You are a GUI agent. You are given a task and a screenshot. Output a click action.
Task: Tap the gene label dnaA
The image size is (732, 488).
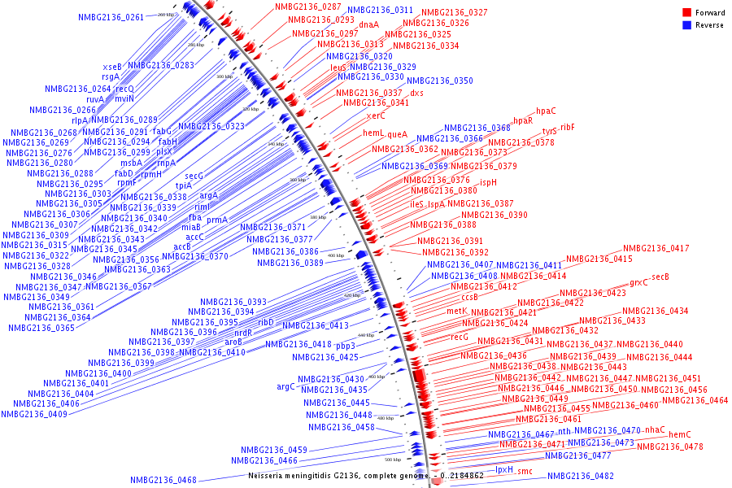click(369, 24)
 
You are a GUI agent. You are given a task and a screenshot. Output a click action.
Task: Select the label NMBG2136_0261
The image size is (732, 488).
click(111, 17)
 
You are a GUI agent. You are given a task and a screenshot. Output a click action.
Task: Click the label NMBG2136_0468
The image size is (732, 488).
click(163, 480)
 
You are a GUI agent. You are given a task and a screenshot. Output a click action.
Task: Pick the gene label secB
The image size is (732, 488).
click(660, 277)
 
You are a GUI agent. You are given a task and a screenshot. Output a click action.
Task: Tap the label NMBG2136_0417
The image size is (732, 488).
click(656, 249)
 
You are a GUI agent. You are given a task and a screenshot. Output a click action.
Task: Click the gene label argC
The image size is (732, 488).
click(285, 386)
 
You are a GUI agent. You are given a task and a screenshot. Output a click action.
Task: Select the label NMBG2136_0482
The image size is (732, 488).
click(581, 476)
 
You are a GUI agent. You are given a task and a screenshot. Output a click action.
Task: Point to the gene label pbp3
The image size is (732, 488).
click(346, 346)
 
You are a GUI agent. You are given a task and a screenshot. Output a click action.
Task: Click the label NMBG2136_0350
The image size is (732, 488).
click(440, 81)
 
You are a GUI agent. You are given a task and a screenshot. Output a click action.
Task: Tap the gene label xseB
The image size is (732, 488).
click(112, 67)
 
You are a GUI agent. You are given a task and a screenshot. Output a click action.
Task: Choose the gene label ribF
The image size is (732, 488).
click(567, 127)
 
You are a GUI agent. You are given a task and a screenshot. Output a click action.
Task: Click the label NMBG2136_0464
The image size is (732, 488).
click(695, 400)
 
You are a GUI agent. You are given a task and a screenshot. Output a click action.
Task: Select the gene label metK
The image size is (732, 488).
click(456, 311)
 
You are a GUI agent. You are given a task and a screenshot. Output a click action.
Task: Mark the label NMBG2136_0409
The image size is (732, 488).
click(34, 414)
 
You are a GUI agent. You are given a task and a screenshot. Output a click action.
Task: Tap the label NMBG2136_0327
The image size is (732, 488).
click(455, 13)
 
